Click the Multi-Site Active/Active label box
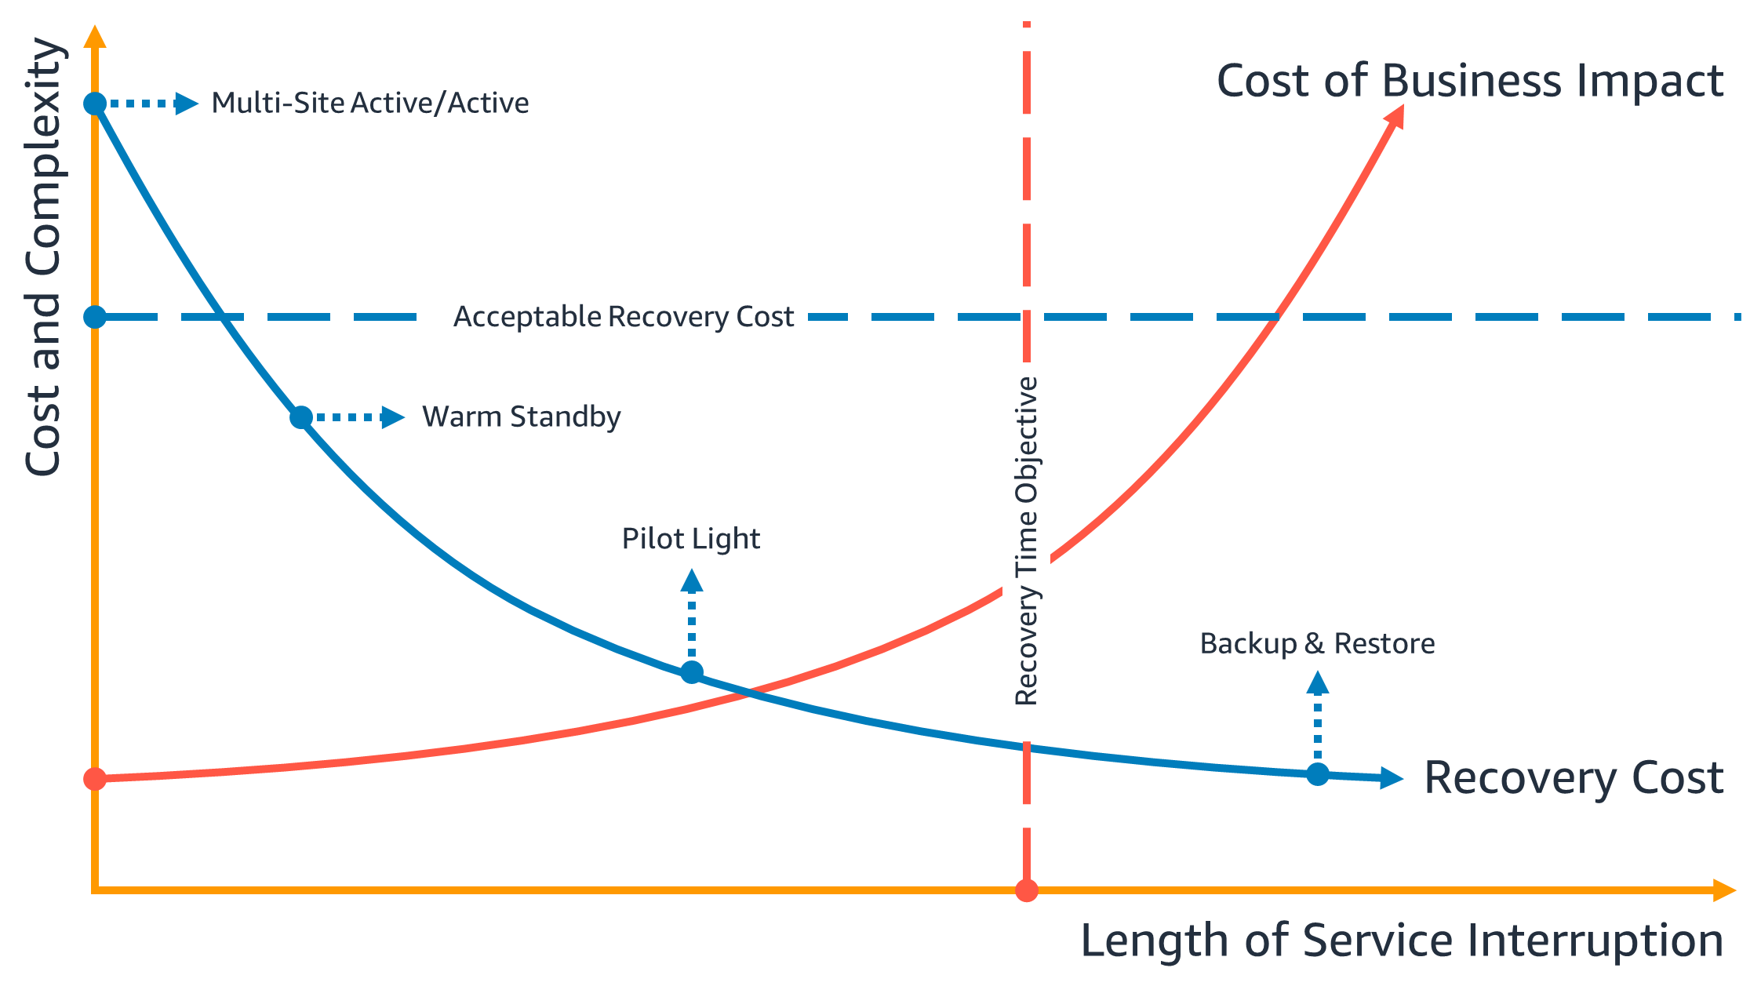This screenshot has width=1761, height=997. pyautogui.click(x=382, y=103)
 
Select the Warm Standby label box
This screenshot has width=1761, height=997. pyautogui.click(x=593, y=417)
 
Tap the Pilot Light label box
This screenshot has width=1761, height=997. pyautogui.click(x=690, y=539)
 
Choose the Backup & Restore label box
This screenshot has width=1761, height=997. pyautogui.click(x=1316, y=643)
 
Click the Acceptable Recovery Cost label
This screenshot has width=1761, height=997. pyautogui.click(x=624, y=316)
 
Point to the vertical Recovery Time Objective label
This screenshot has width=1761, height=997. pyautogui.click(x=1026, y=540)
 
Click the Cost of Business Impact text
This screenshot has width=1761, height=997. pyautogui.click(x=1469, y=81)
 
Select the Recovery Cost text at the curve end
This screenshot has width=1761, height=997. pyautogui.click(x=1573, y=777)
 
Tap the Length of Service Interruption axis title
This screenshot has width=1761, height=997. pyautogui.click(x=1401, y=940)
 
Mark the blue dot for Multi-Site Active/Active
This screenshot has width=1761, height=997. pyautogui.click(x=95, y=104)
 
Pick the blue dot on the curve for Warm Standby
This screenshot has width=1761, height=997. pyautogui.click(x=301, y=417)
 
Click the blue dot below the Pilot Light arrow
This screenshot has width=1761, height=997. pyautogui.click(x=692, y=672)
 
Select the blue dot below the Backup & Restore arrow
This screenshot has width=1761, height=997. pyautogui.click(x=1318, y=774)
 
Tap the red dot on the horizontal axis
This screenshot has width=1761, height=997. pyautogui.click(x=1027, y=890)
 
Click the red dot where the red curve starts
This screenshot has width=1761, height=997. pyautogui.click(x=95, y=779)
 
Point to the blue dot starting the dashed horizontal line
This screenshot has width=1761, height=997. pyautogui.click(x=95, y=317)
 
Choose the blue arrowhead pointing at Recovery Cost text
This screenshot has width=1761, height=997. pyautogui.click(x=1392, y=777)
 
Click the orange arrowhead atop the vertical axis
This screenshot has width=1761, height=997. pyautogui.click(x=95, y=36)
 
